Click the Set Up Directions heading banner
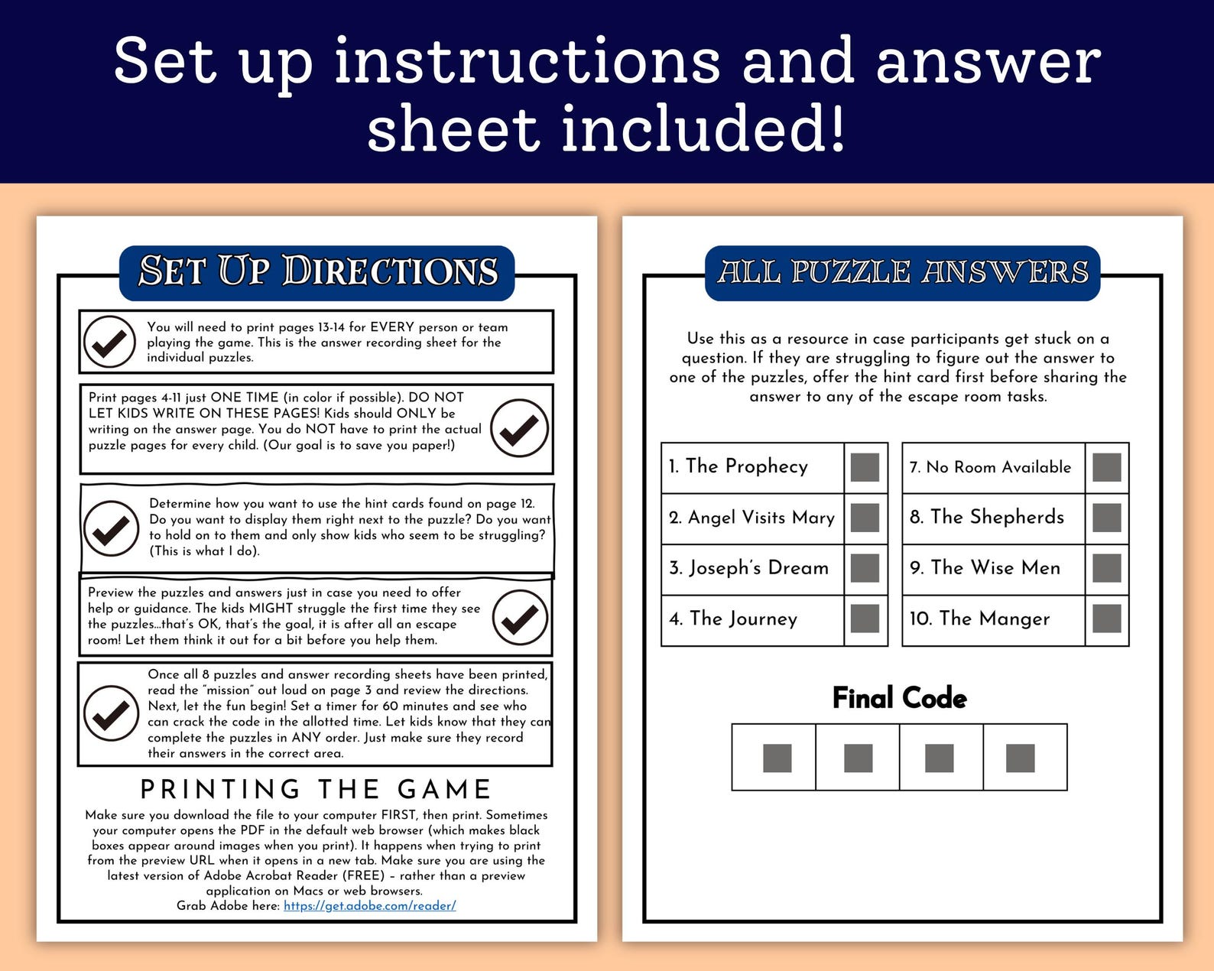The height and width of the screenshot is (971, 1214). (316, 273)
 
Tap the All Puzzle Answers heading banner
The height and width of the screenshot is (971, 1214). (902, 273)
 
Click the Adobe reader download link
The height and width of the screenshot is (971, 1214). (369, 906)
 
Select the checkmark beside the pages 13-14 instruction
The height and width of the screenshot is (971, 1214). (109, 342)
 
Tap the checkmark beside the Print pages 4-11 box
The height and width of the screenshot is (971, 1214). (519, 428)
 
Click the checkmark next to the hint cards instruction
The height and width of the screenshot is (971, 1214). (111, 528)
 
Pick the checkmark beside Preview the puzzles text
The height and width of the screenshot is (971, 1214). (520, 617)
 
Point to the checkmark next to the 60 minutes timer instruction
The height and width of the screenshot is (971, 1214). (111, 713)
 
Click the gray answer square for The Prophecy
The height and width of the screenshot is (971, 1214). (865, 467)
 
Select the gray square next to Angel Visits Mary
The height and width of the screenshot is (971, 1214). (865, 518)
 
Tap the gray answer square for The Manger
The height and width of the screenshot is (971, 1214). (1107, 619)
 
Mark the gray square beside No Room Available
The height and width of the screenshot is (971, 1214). (1107, 467)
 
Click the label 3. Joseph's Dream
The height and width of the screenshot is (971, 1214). (748, 567)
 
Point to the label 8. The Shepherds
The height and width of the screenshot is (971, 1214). (987, 517)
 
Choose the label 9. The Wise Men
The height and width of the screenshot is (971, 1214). (985, 567)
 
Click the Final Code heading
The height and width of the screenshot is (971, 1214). (900, 699)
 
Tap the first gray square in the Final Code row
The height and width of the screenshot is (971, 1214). (777, 758)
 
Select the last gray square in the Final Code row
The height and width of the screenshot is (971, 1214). (1021, 758)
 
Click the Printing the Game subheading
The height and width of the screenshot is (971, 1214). (316, 789)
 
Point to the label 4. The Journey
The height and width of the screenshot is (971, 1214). (733, 619)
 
